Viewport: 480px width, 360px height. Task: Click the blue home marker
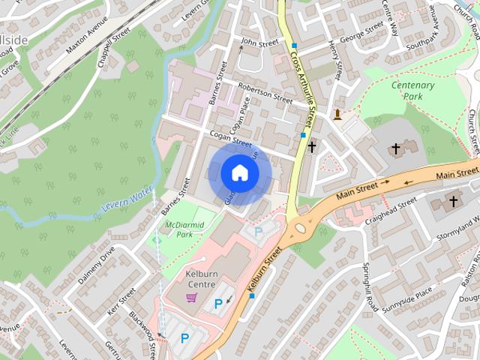pyautogui.click(x=239, y=173)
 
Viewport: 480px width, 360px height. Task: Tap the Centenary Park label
pyautogui.click(x=412, y=91)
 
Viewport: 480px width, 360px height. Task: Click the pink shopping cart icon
pyautogui.click(x=191, y=298)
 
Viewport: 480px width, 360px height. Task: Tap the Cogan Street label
pyautogui.click(x=230, y=138)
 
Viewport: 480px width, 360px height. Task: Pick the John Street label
pyautogui.click(x=259, y=43)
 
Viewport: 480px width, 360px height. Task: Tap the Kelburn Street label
pyautogui.click(x=263, y=269)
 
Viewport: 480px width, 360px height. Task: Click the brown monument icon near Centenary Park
pyautogui.click(x=338, y=114)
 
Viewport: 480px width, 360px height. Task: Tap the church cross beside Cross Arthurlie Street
pyautogui.click(x=311, y=147)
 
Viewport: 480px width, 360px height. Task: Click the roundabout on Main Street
pyautogui.click(x=301, y=227)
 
